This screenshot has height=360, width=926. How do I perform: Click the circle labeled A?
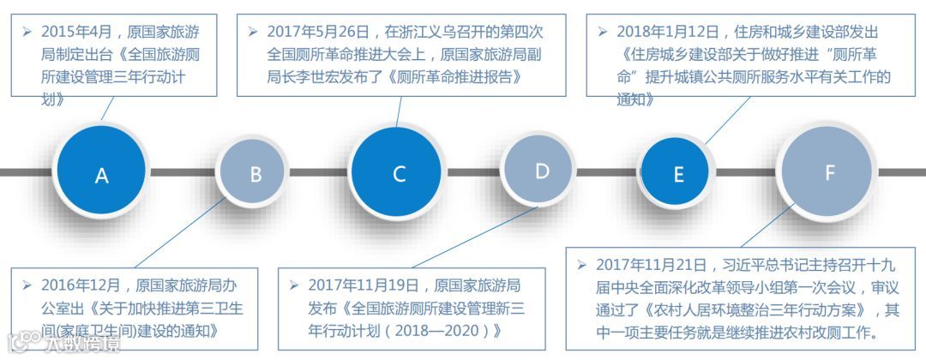(x=102, y=175)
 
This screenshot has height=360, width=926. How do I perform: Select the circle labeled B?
(x=256, y=174)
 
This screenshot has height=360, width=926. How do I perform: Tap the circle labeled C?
(x=399, y=174)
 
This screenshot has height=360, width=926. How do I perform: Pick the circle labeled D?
(x=542, y=171)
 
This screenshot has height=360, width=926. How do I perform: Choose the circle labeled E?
(x=678, y=174)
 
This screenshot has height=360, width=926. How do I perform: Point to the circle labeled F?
(x=829, y=172)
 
